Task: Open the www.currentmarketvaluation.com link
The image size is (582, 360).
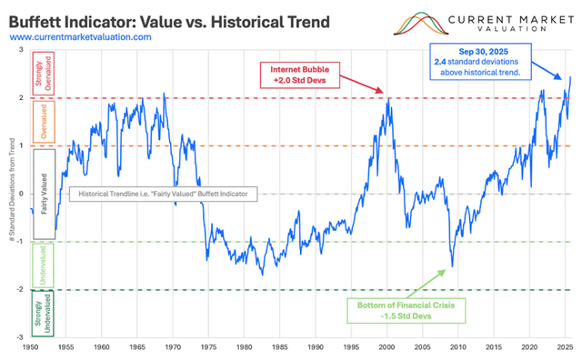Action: (x=81, y=36)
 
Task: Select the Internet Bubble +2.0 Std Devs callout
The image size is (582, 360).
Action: (x=302, y=74)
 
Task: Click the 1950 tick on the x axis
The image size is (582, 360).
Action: (x=31, y=346)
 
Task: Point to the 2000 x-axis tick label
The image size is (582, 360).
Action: (x=386, y=346)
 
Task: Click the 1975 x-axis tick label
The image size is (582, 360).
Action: (x=208, y=346)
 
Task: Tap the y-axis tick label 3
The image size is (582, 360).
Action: (x=23, y=51)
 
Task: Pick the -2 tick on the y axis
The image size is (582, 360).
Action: (x=21, y=289)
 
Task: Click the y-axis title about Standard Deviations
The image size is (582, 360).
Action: (x=9, y=194)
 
